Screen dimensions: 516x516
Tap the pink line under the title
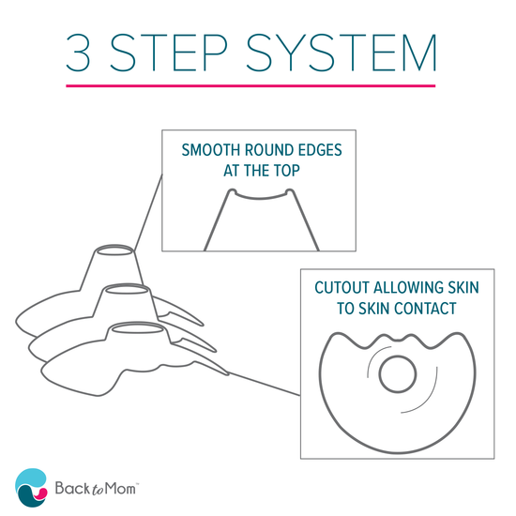pyautogui.click(x=250, y=86)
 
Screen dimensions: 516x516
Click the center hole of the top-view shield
pyautogui.click(x=398, y=372)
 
